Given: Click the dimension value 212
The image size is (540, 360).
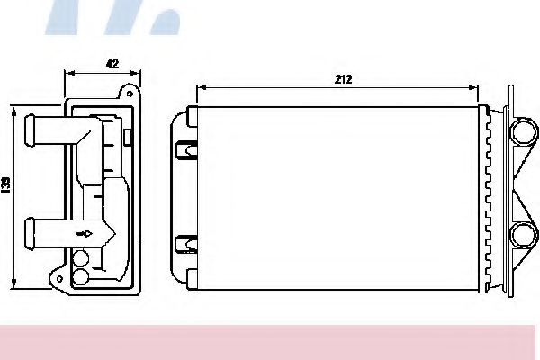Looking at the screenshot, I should (342, 79).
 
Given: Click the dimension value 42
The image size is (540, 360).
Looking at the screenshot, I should (112, 64).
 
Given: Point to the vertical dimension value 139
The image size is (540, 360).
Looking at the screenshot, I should (6, 185).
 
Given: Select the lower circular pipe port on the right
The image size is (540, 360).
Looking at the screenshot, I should (521, 236).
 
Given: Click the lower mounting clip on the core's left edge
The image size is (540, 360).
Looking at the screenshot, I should (185, 242).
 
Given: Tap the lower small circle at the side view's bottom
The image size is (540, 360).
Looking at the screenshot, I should (81, 278).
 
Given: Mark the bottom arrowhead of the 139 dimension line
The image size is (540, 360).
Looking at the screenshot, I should (14, 288).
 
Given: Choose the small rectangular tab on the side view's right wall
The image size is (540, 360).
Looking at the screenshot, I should (128, 137).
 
